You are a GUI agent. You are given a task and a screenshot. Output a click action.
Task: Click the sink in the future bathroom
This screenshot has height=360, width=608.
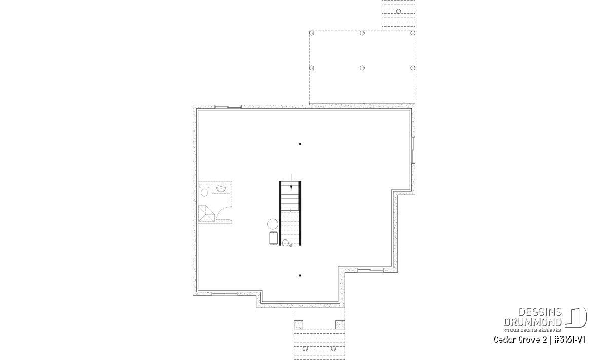(221, 188)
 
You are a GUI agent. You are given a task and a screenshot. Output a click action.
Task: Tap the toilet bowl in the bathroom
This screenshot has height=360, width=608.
(204, 192)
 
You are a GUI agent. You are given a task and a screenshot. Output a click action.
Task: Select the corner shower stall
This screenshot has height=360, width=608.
(207, 214)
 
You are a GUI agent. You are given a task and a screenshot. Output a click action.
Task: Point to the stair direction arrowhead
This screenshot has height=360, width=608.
(291, 187)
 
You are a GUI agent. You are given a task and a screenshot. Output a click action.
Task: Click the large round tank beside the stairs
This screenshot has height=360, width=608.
(273, 224)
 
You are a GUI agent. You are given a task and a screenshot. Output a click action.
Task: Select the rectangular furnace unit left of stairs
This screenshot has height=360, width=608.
(273, 238)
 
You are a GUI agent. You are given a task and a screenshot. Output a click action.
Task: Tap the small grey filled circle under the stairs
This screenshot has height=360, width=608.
(291, 245)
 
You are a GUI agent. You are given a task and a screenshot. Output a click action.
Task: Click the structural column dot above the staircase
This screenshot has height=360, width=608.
(300, 144)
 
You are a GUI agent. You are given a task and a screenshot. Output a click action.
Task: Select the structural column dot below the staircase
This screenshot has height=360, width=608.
(300, 275)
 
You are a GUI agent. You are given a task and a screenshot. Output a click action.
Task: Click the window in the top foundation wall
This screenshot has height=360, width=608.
(228, 107)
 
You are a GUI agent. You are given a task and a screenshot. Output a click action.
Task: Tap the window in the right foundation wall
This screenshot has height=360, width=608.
(413, 150)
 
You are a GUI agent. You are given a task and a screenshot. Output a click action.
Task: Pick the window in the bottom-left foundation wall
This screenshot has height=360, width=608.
(224, 294)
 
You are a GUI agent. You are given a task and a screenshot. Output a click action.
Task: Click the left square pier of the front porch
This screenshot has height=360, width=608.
(298, 325)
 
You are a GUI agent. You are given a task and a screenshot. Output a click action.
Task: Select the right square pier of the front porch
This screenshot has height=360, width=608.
(340, 325)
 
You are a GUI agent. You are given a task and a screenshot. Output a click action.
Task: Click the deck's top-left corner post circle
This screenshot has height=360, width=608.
(312, 33)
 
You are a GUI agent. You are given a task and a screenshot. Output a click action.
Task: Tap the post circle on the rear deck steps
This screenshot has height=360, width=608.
(398, 11)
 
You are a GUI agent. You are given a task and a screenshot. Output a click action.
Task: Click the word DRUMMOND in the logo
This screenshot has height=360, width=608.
(533, 322)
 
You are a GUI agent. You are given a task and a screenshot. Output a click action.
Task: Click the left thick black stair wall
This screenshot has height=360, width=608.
(280, 213)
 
